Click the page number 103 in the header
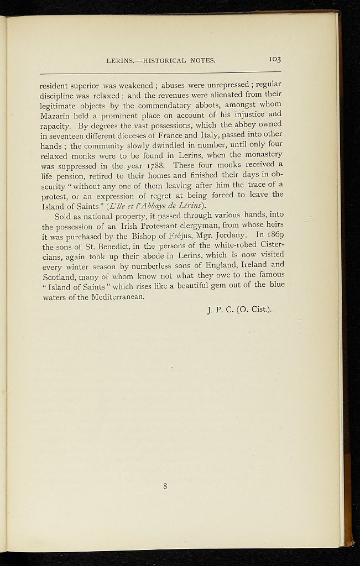pyautogui.click(x=275, y=60)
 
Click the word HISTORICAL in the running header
pyautogui.click(x=165, y=60)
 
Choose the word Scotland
pyautogui.click(x=57, y=276)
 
